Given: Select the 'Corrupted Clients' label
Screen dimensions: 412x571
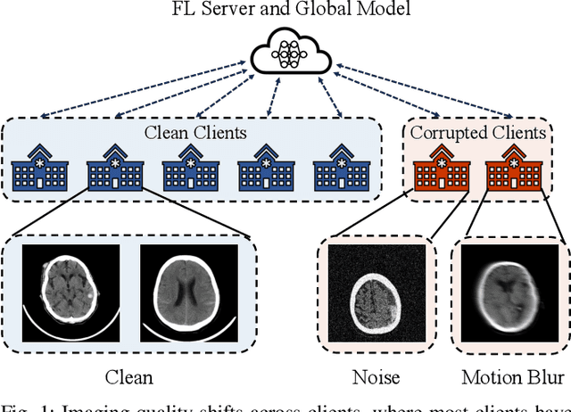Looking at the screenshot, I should click(x=477, y=133).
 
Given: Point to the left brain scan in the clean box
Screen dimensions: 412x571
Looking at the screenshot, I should click(x=70, y=287).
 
